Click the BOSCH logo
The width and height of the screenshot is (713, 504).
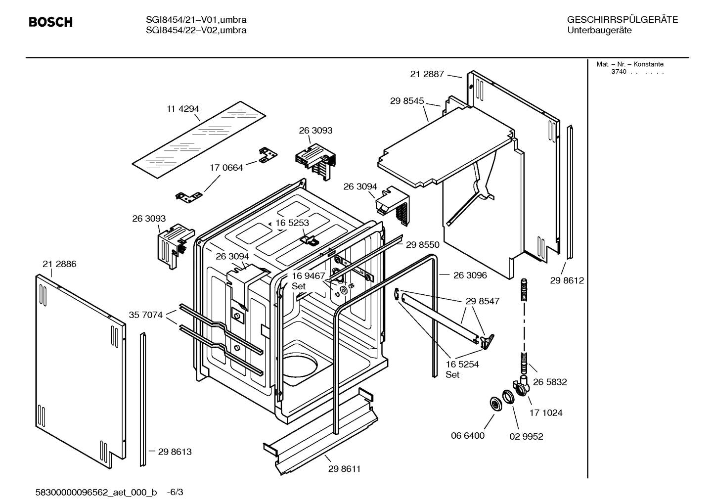50,22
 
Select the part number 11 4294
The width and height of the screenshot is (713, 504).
182,109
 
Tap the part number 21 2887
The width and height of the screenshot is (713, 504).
427,74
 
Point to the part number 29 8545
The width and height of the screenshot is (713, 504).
406,101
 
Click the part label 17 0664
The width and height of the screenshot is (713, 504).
226,168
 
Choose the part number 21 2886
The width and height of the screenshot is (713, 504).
59,264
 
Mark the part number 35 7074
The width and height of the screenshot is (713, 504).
145,315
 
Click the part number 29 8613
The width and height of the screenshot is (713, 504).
175,452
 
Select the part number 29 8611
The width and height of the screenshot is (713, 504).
344,469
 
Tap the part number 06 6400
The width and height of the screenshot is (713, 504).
467,436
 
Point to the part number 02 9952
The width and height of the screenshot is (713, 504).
526,436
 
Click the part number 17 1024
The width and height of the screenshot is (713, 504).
546,412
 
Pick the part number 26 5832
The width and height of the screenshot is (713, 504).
550,382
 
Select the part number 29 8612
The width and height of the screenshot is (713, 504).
567,280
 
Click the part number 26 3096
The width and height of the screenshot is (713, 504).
470,275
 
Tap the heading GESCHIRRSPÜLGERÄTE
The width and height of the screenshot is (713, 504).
622,20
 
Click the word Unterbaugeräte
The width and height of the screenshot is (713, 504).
599,30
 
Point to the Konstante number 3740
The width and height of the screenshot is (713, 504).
618,72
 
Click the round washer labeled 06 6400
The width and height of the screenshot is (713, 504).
494,404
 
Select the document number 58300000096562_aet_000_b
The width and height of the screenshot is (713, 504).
96,492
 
